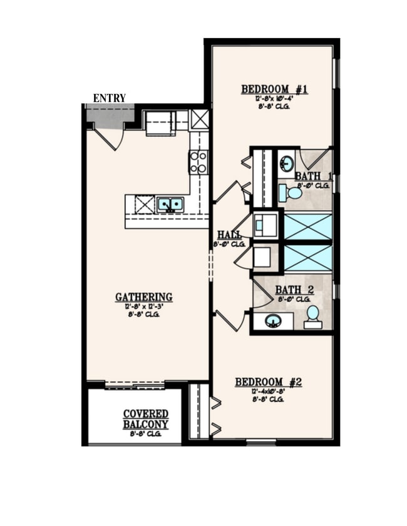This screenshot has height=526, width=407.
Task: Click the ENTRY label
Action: tap(110, 98)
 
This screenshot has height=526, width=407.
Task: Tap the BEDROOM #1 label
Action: tap(274, 89)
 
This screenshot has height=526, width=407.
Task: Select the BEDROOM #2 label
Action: tap(268, 382)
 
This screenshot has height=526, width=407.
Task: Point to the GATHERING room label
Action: tap(144, 297)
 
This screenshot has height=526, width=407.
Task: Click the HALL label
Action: tap(229, 235)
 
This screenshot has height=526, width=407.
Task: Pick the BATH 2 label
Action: tap(294, 290)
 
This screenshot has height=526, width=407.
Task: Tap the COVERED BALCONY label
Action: tap(145, 419)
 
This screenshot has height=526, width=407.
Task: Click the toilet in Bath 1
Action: tap(291, 193)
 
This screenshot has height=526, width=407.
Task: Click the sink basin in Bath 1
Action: tap(286, 164)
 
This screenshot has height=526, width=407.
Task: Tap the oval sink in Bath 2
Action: tap(273, 321)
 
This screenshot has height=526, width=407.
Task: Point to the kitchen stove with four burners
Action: tap(198, 162)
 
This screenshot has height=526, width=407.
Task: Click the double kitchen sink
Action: tap(170, 204)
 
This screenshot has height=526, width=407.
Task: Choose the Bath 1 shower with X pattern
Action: tap(308, 225)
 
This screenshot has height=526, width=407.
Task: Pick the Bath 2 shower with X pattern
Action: tap(308, 257)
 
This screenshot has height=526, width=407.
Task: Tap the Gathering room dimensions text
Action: tap(144, 306)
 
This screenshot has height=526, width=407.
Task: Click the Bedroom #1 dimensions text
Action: tap(274, 99)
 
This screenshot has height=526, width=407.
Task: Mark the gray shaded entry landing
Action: tap(110, 116)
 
